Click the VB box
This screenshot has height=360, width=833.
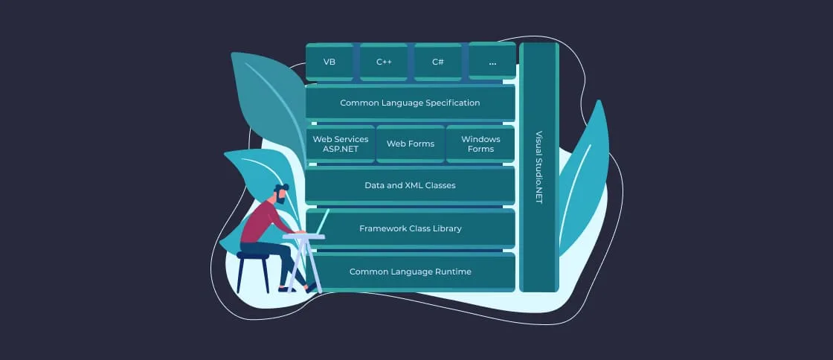329,62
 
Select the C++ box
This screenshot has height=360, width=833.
384,62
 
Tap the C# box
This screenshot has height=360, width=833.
438,62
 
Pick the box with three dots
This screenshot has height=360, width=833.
492,62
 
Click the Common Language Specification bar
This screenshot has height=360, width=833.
410,103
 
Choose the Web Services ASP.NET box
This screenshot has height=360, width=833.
340,144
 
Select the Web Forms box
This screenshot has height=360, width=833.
411,144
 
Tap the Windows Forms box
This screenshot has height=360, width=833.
480,144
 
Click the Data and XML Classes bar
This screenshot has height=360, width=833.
410,185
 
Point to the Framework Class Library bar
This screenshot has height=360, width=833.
410,228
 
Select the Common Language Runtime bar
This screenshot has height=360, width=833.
410,271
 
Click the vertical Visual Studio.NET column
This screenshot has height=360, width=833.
539,167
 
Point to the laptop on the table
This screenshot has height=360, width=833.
321,222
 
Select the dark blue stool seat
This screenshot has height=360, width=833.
252,256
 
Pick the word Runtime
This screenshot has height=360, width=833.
454,271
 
